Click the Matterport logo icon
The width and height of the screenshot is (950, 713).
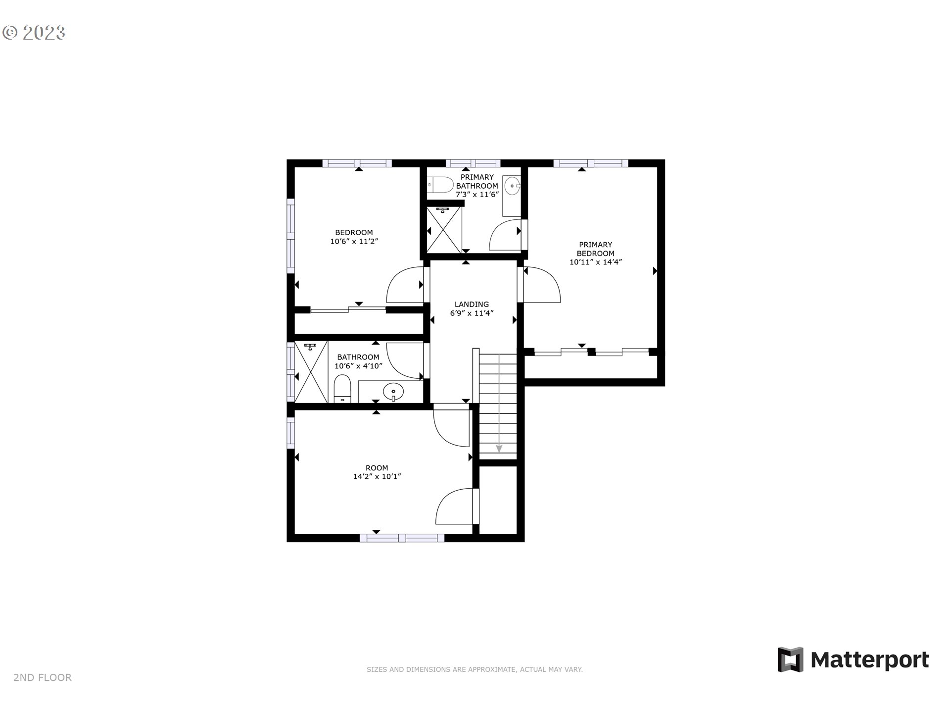[x=790, y=659]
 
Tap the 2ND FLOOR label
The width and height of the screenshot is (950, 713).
[x=43, y=677]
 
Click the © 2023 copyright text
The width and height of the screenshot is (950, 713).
[x=34, y=33]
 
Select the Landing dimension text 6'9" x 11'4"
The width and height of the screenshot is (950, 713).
[x=472, y=313]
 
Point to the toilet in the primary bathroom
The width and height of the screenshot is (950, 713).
[x=441, y=185]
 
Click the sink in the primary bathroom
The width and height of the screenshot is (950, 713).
[x=513, y=187]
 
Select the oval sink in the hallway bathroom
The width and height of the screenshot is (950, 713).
[x=393, y=391]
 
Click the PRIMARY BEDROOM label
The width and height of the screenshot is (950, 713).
[x=596, y=249]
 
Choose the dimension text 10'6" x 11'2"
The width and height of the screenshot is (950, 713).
[x=354, y=242]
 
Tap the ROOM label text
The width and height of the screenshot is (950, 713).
[x=377, y=467]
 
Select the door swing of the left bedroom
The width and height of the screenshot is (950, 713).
[x=405, y=285]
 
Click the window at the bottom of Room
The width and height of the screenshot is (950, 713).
[x=402, y=538]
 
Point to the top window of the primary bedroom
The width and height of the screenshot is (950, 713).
[x=590, y=163]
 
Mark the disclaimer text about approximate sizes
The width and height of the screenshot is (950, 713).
[x=475, y=669]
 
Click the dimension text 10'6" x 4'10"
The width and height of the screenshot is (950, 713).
[x=358, y=366]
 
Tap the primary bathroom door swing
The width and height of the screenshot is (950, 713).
[x=506, y=235]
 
